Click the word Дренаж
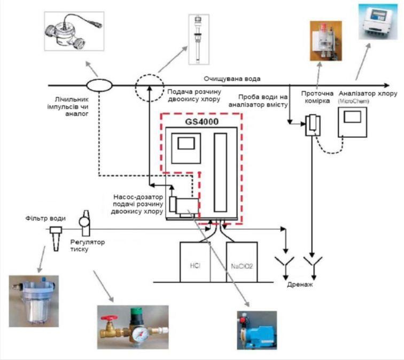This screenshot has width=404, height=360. point(301,285)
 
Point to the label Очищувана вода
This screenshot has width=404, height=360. point(235,79)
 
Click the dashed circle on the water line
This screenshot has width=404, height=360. point(148,85)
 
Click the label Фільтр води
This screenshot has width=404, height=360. point(45,218)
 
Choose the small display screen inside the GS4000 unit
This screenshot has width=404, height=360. point(186,143)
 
